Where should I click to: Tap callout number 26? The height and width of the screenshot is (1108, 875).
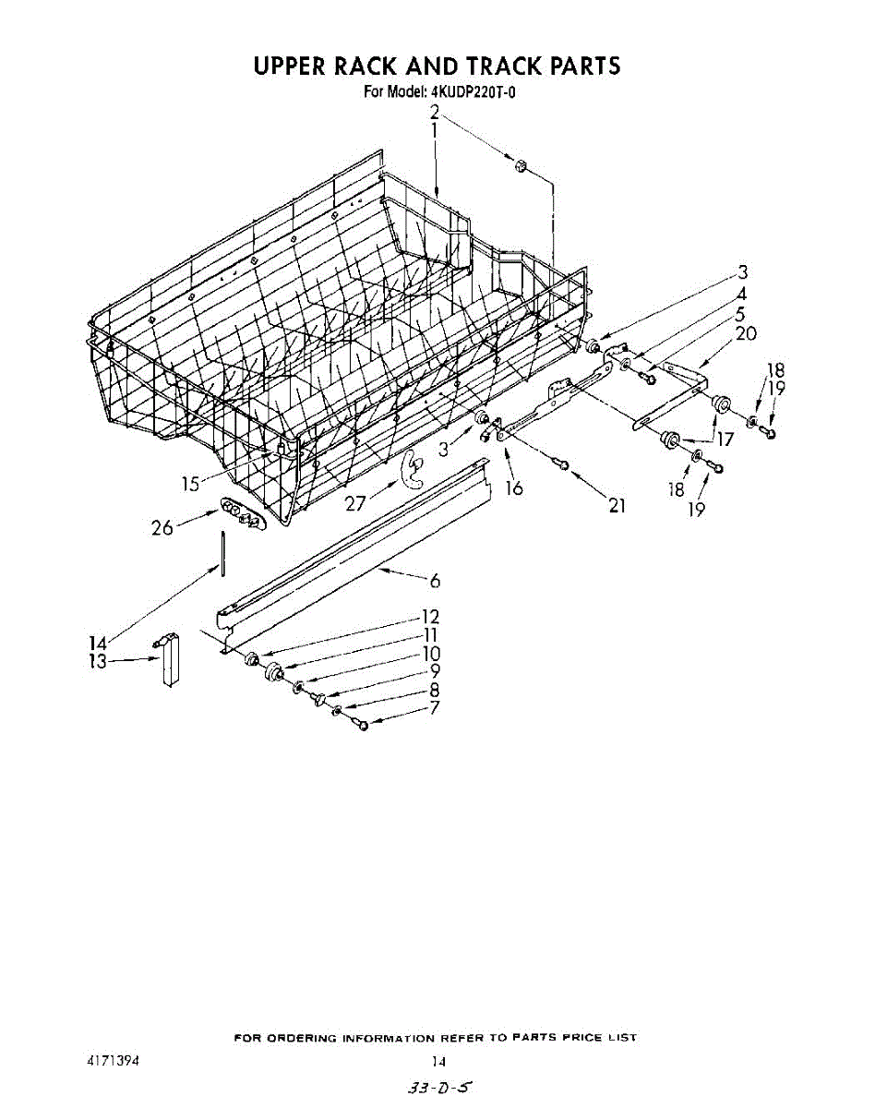click(162, 529)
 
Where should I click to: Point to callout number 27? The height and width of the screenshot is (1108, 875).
click(355, 504)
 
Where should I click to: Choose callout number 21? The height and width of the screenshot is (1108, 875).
click(617, 505)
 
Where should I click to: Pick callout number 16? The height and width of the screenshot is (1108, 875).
click(514, 488)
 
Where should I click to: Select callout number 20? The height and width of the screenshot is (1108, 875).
click(747, 333)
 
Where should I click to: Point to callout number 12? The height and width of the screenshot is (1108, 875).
click(430, 617)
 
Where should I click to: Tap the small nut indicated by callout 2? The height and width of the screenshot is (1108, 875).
click(520, 166)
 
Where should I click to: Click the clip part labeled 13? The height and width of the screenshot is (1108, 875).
click(169, 659)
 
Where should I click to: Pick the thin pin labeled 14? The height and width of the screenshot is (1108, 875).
click(222, 553)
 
